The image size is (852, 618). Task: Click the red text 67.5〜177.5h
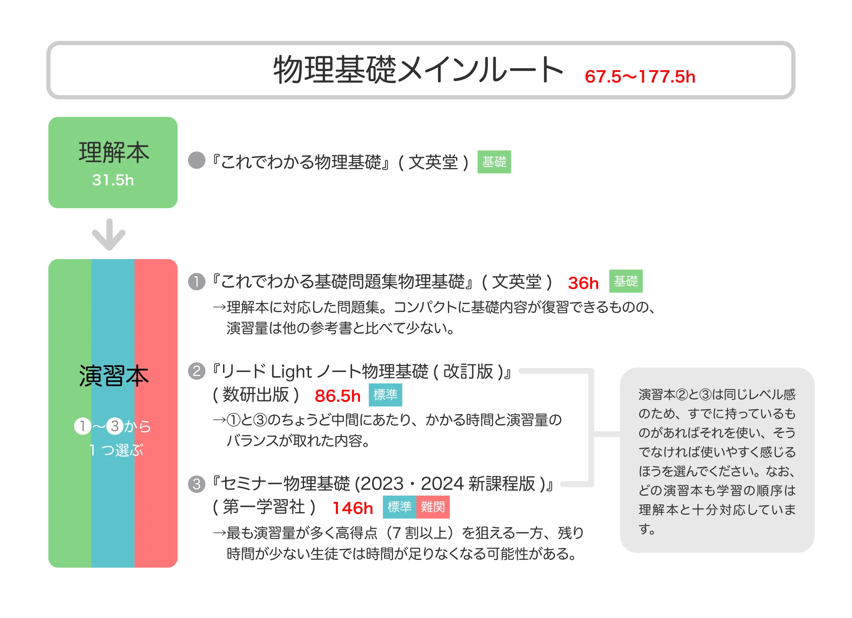pyautogui.click(x=640, y=77)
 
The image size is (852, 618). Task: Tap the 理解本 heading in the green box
pyautogui.click(x=114, y=152)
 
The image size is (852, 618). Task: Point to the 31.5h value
pyautogui.click(x=113, y=180)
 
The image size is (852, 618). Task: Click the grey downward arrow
pyautogui.click(x=109, y=233)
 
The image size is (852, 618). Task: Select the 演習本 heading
pyautogui.click(x=114, y=376)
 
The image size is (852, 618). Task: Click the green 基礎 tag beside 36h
pyautogui.click(x=626, y=281)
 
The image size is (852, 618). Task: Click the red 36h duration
pyautogui.click(x=583, y=283)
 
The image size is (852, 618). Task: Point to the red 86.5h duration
pyautogui.click(x=337, y=395)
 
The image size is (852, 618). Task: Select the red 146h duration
pyautogui.click(x=353, y=508)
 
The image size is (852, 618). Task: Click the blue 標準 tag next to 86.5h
pyautogui.click(x=385, y=394)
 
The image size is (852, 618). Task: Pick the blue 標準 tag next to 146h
pyautogui.click(x=399, y=507)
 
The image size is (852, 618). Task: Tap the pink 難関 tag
pyautogui.click(x=433, y=507)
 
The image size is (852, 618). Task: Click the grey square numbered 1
pyautogui.click(x=197, y=281)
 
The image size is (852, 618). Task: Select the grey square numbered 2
pyautogui.click(x=197, y=371)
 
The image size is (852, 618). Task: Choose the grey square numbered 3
pyautogui.click(x=197, y=484)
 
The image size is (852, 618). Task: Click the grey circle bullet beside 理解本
pyautogui.click(x=197, y=160)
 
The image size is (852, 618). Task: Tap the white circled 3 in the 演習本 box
pyautogui.click(x=115, y=426)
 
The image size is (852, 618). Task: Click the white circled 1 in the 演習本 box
pyautogui.click(x=83, y=426)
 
